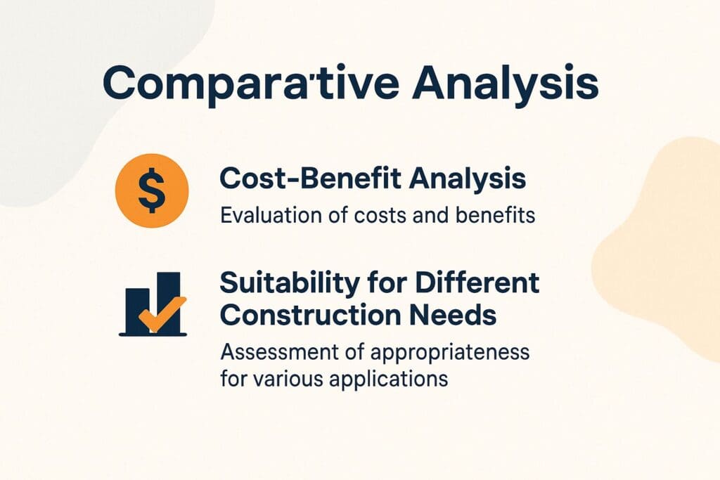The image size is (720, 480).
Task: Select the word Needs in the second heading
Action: click(468, 316)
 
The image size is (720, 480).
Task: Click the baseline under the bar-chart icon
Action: click(153, 335)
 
